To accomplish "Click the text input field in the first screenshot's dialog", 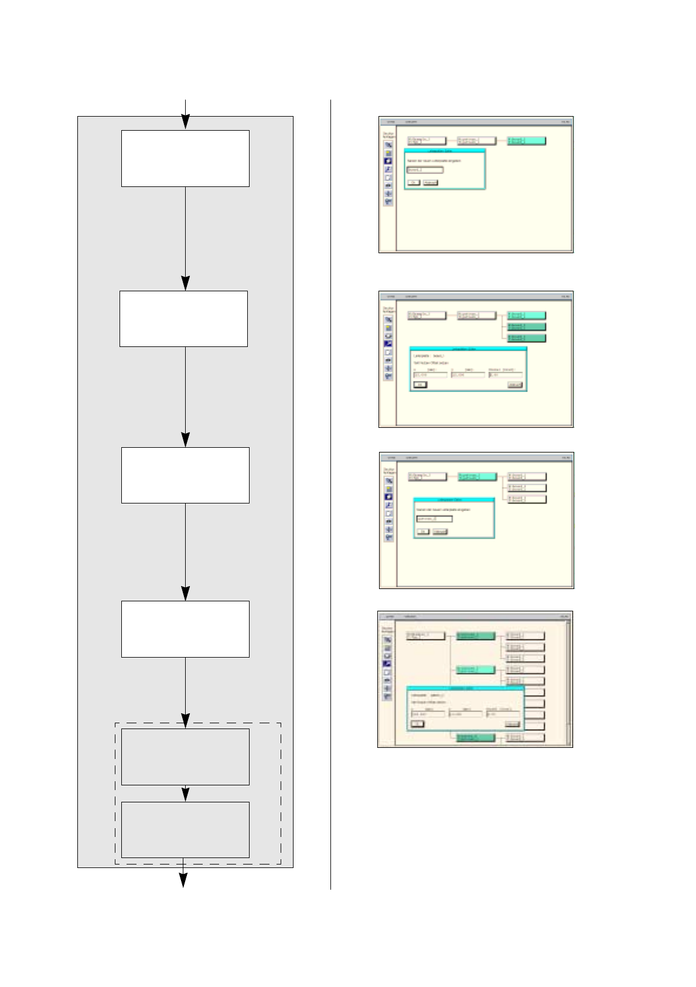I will [x=425, y=170].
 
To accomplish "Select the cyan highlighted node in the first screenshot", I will [x=526, y=141].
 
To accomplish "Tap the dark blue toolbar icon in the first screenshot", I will [x=388, y=161].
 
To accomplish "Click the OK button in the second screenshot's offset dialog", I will [x=420, y=384].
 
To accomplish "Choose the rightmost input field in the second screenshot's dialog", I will [x=504, y=375].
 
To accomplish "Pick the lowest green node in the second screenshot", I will [x=526, y=338].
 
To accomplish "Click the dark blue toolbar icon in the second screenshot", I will [x=388, y=344].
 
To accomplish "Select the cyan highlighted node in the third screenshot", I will [x=477, y=477].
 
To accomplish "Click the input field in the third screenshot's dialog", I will [x=434, y=519].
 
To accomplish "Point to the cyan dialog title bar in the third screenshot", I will [x=454, y=500].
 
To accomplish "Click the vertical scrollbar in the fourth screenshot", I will [x=568, y=680].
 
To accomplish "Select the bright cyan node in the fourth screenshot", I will [x=476, y=669].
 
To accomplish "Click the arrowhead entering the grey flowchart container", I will [x=185, y=121].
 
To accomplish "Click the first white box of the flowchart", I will [x=185, y=158].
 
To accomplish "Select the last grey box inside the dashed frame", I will [x=185, y=829].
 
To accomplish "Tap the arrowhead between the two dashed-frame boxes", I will [x=185, y=794].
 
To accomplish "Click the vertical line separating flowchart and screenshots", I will [x=330, y=492].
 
